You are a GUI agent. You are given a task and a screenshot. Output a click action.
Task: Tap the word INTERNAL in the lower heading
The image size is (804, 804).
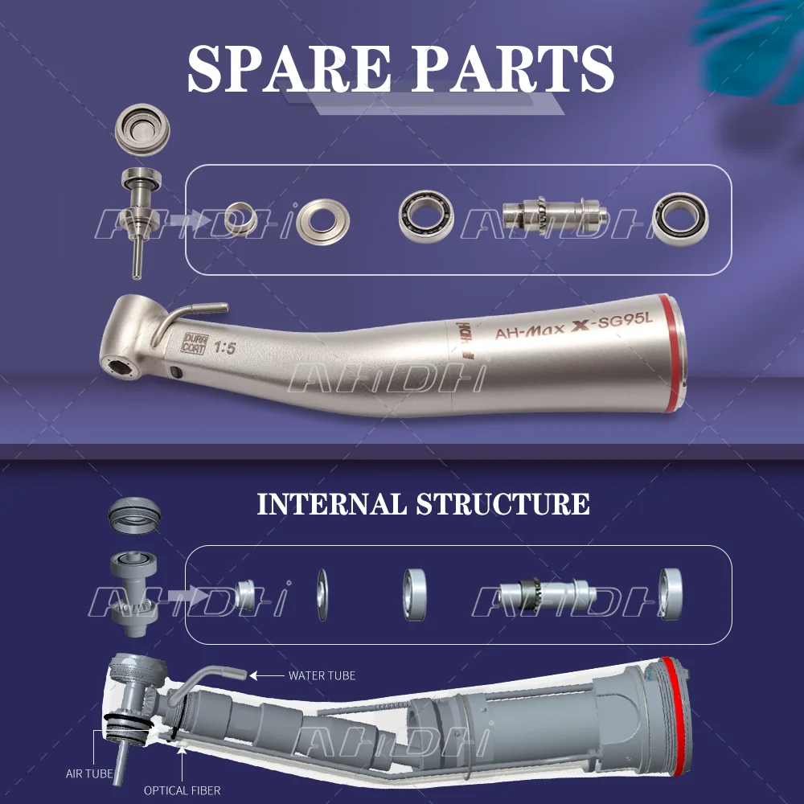click(332, 504)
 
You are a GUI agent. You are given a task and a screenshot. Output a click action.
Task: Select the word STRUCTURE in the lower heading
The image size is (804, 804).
click(503, 504)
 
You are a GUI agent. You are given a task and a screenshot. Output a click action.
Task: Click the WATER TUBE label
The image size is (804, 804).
click(322, 675)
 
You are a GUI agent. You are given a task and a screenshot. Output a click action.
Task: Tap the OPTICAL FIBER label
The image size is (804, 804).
click(182, 790)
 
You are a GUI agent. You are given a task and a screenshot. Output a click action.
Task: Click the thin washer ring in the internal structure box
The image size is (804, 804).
click(323, 594)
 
